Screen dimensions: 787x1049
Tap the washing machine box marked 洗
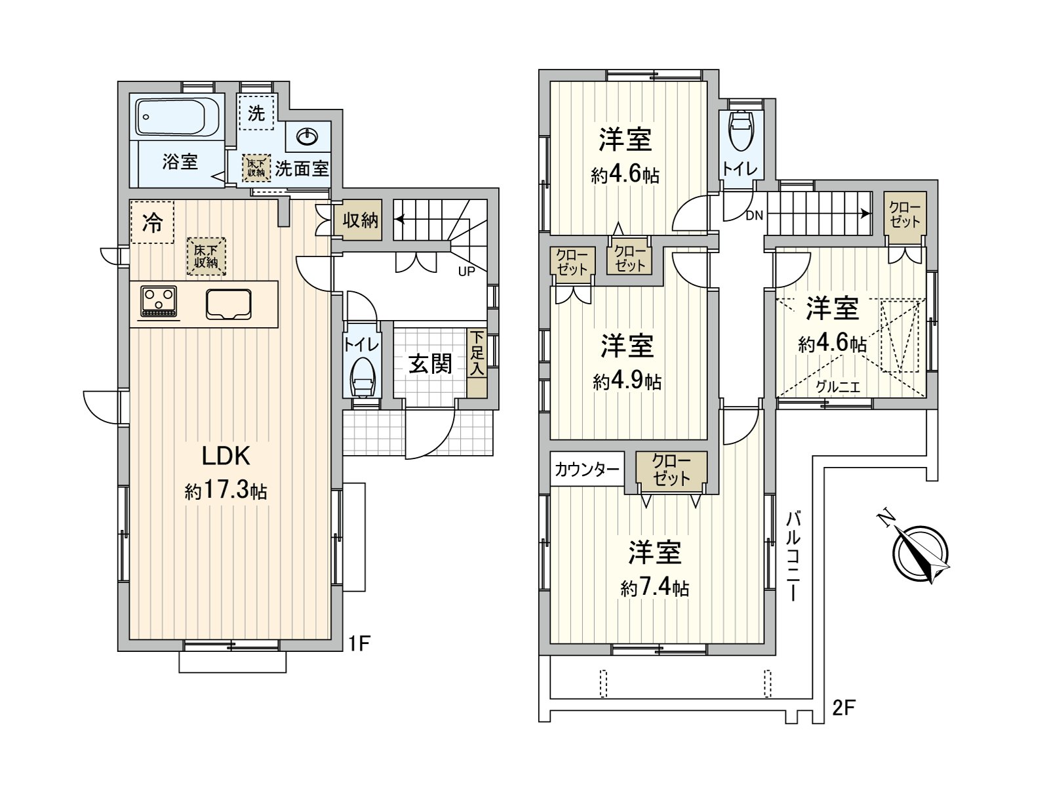point(256,113)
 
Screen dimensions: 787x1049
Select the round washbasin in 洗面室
point(307,137)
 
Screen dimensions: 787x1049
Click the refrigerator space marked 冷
point(152,223)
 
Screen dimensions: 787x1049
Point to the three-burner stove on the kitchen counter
point(159,301)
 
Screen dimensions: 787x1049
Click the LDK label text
point(226,455)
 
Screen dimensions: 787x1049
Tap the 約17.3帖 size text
point(226,491)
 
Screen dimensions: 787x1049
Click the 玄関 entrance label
point(430,363)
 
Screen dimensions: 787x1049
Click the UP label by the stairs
point(466,272)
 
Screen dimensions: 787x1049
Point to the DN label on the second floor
point(754,215)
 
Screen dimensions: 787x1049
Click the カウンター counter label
point(587,470)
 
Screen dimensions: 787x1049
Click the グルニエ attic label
point(837,387)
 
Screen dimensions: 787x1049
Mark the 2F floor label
point(844,708)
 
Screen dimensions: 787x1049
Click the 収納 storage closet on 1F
point(361,220)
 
